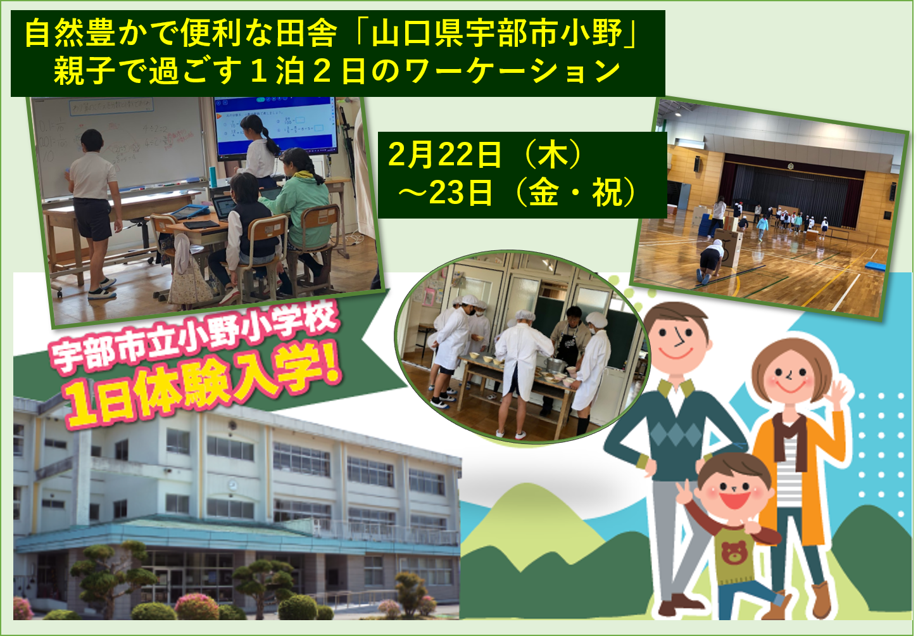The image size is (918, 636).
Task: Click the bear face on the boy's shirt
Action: (x=734, y=552)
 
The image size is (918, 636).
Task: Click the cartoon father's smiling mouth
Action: (x=676, y=353)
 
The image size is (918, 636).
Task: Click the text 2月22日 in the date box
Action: (x=444, y=155)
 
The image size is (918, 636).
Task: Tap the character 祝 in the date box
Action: (x=607, y=193)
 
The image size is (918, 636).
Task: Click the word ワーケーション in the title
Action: (x=512, y=71)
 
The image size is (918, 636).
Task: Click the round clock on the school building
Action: (x=232, y=485)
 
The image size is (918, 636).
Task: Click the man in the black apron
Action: (x=569, y=348)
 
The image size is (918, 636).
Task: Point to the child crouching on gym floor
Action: (x=712, y=261)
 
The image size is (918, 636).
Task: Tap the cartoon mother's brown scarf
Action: (x=788, y=440)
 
